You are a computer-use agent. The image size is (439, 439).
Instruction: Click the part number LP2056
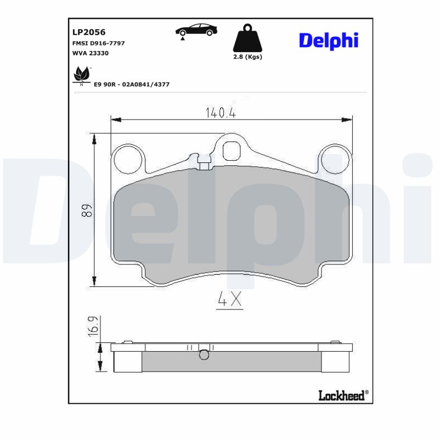(x=89, y=32)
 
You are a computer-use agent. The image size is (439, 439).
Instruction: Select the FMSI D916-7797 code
(x=99, y=43)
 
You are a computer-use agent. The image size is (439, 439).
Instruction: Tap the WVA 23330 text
(x=91, y=53)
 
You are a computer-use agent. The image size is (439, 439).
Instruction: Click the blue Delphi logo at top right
(x=328, y=40)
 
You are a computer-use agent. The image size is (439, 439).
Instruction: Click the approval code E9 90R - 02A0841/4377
(x=132, y=84)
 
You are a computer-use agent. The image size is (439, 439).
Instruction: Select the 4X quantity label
(x=229, y=300)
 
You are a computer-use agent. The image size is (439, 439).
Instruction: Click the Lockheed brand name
(x=341, y=395)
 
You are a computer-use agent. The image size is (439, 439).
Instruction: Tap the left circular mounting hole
(x=127, y=160)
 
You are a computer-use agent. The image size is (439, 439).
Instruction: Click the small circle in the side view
(x=204, y=355)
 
